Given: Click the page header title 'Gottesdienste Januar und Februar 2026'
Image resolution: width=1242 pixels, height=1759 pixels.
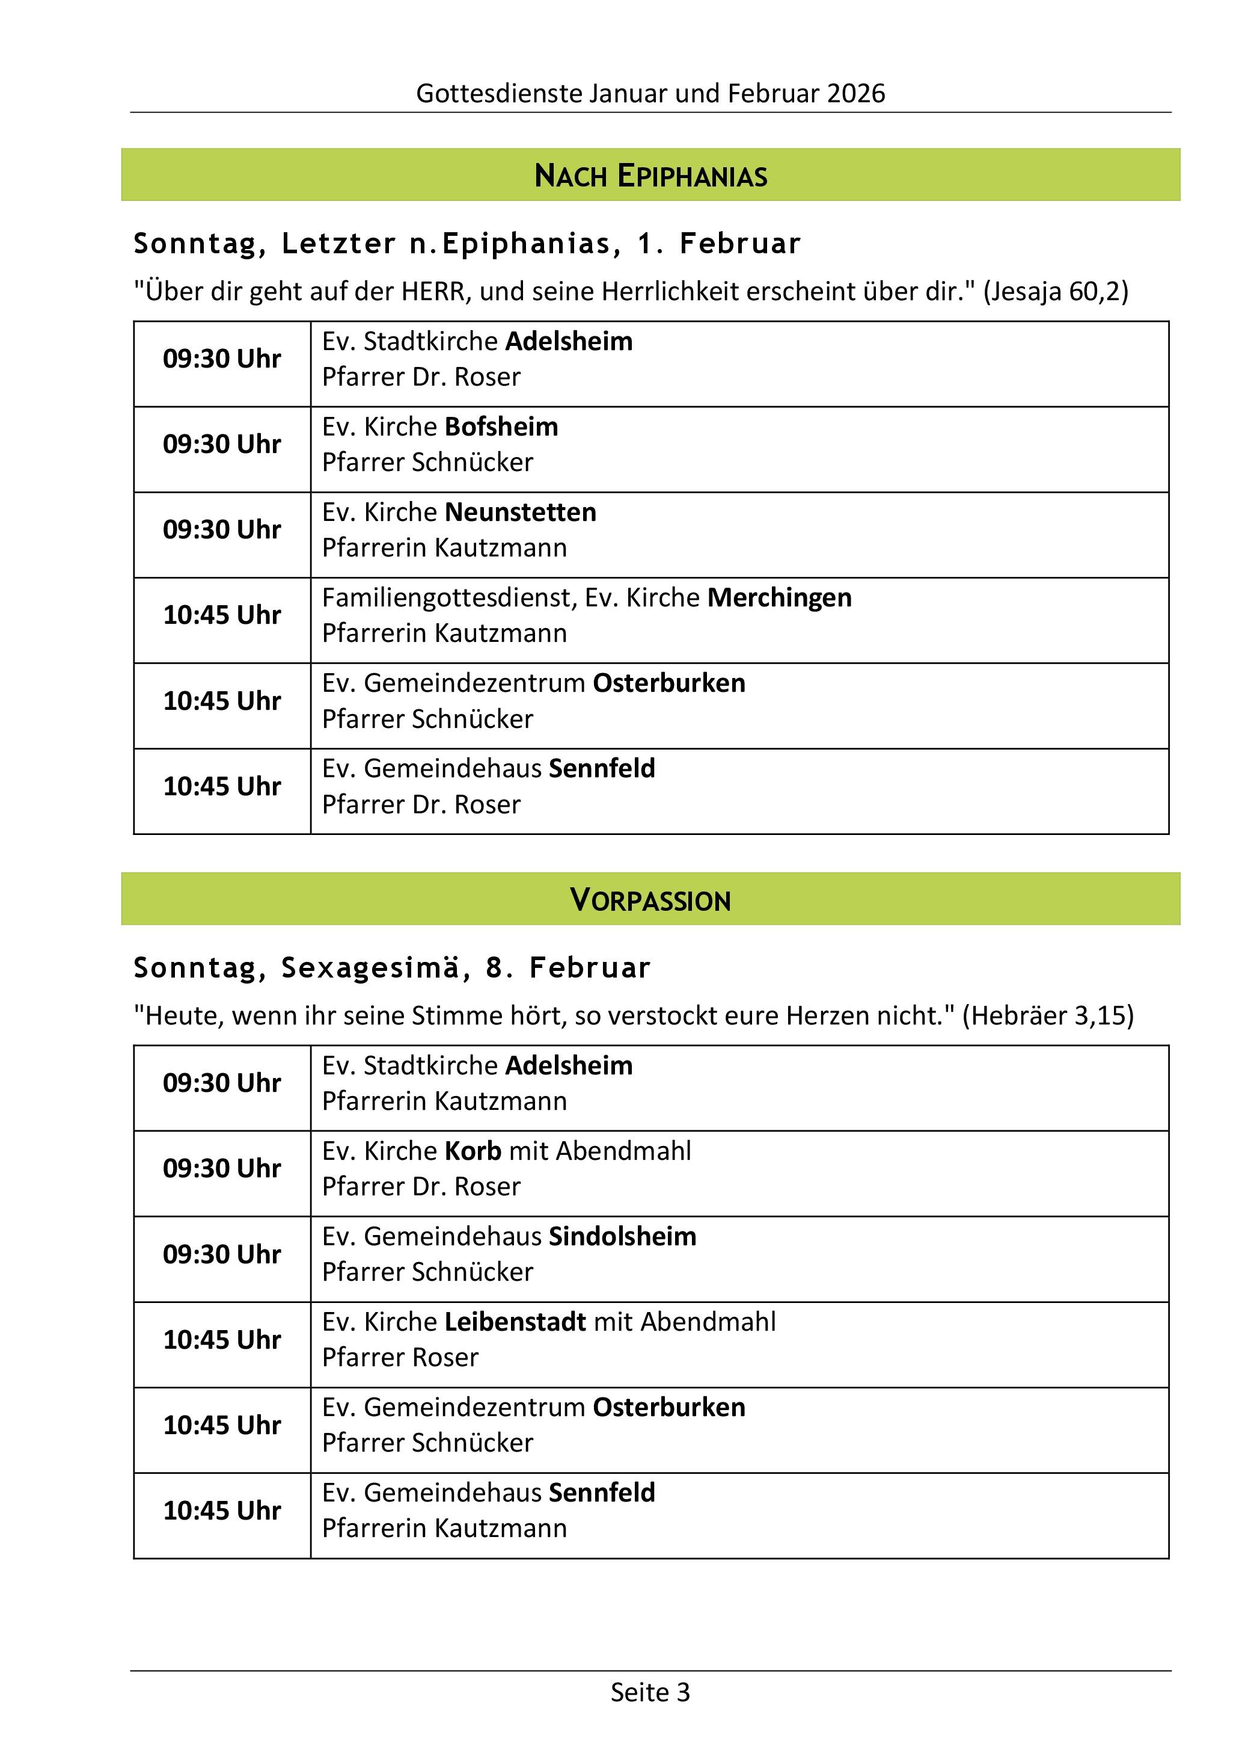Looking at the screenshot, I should tap(650, 93).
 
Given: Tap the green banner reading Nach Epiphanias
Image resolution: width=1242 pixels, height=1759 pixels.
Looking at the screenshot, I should tap(650, 176).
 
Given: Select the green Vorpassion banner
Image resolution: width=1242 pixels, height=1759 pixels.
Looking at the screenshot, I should tap(650, 899).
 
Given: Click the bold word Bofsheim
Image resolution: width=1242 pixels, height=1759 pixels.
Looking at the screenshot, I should tap(501, 427).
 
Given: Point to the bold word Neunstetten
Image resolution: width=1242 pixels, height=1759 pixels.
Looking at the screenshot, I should tap(521, 513).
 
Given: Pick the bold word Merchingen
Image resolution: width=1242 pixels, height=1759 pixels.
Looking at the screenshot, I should tap(779, 597).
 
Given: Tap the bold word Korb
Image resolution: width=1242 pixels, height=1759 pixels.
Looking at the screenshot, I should tap(473, 1151).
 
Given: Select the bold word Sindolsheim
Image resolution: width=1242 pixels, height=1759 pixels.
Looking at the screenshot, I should tap(623, 1236).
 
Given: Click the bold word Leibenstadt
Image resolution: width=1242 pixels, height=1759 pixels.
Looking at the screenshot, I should tap(515, 1322).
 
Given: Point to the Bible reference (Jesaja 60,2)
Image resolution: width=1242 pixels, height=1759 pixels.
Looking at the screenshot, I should tap(1055, 292).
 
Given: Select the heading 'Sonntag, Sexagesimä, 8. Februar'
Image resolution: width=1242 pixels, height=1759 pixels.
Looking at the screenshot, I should tap(391, 967).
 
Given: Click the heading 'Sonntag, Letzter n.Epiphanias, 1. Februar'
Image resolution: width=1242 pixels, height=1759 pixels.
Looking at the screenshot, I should tap(467, 244).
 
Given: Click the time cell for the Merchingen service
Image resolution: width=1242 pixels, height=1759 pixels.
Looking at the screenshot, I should tap(222, 616).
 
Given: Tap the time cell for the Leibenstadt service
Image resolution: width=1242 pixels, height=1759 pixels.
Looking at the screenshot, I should tap(222, 1340).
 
